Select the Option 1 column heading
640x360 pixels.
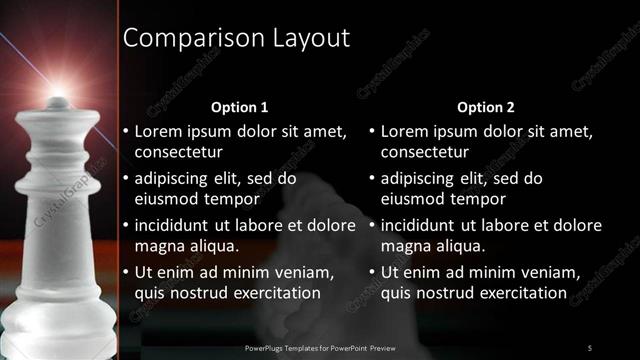240,107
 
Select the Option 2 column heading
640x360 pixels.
486,107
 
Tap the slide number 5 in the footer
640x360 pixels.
589,347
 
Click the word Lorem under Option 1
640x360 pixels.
159,131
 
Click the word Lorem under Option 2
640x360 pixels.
405,131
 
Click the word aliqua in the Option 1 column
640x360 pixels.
212,246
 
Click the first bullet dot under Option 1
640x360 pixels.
125,131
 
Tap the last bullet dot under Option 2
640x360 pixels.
371,273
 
